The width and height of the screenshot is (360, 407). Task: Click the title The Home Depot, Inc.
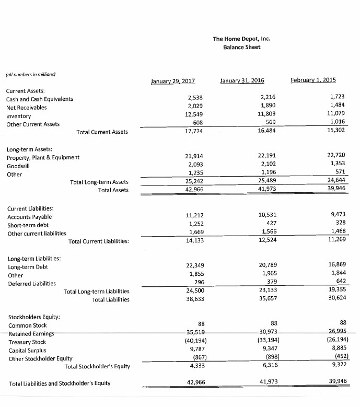click(241, 39)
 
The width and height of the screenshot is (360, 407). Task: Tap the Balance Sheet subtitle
click(241, 48)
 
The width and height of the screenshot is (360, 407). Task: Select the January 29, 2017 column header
click(172, 81)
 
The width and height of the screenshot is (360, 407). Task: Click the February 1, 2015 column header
click(313, 80)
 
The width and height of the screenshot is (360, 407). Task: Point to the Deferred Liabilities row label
click(32, 284)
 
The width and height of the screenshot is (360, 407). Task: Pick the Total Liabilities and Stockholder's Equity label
click(60, 383)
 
